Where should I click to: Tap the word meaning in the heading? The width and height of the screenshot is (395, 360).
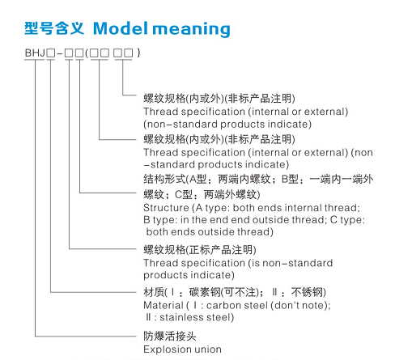191,29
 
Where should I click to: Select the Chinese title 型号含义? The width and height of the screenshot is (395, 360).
54,28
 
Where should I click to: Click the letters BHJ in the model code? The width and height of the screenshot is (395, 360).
35,53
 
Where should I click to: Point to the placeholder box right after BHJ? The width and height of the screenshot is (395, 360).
50,53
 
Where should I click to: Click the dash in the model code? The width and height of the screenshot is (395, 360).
60,53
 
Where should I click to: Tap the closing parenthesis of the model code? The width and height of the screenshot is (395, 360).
138,53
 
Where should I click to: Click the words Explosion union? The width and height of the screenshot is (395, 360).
182,349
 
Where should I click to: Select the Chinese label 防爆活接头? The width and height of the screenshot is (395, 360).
170,336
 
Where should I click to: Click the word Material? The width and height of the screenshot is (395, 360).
164,305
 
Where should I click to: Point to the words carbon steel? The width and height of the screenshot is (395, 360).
237,305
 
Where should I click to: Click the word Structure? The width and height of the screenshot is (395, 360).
166,208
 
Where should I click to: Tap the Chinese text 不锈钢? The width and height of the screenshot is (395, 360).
307,292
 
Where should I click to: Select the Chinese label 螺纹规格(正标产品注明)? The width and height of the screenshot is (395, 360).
200,250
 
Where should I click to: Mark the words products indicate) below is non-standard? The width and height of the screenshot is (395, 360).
189,275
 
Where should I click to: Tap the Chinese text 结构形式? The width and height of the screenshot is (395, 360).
164,179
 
